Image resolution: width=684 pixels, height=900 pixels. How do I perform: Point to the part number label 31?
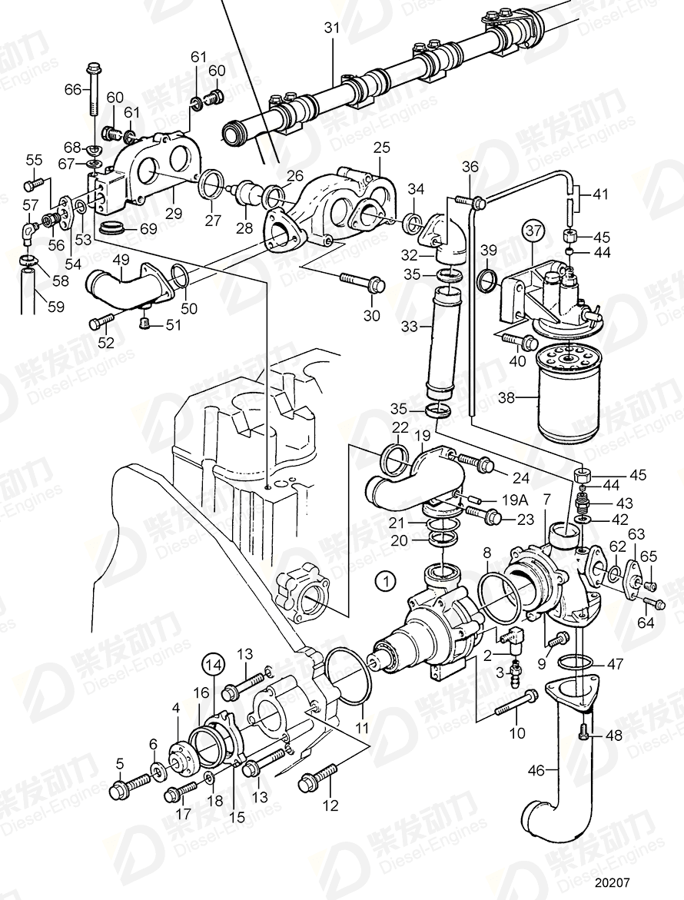click(x=331, y=28)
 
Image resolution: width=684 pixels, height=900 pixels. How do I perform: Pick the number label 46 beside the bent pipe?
click(x=536, y=769)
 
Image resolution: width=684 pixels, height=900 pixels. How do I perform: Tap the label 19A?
click(x=510, y=500)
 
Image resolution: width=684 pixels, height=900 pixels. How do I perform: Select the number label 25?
click(x=382, y=146)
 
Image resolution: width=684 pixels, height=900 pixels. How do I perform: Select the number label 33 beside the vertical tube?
click(x=410, y=326)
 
